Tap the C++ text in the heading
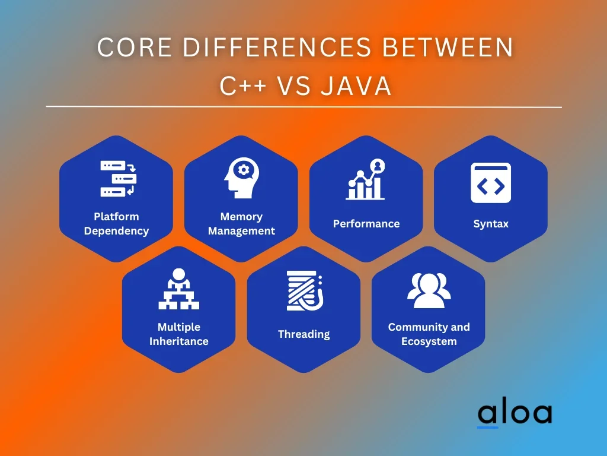[243, 85]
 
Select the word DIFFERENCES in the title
[277, 47]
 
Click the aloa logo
[515, 413]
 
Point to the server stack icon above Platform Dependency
[118, 178]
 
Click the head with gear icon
[242, 178]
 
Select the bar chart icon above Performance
[365, 179]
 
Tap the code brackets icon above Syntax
[491, 183]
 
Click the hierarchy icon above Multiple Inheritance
[179, 289]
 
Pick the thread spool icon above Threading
[305, 291]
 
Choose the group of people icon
[429, 290]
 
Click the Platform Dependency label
[116, 224]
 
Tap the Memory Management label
[242, 224]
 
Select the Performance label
[366, 224]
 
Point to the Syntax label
[491, 224]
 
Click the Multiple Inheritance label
[179, 334]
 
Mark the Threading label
[304, 334]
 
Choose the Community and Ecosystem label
[429, 334]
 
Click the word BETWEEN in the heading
[448, 47]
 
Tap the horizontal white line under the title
[304, 107]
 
